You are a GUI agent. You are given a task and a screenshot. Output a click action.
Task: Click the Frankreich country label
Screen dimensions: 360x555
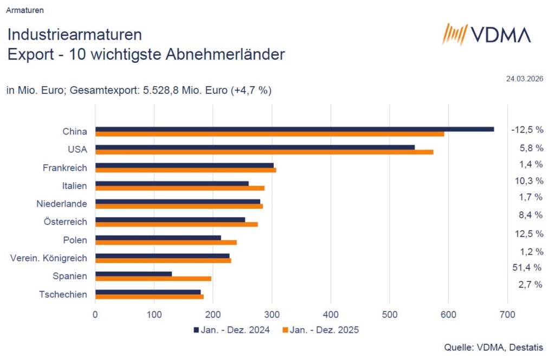coord(64,168)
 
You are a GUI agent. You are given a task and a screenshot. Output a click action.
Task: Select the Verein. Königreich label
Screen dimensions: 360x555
coord(49,258)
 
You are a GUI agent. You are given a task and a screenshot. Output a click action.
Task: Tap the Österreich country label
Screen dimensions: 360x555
coord(65,222)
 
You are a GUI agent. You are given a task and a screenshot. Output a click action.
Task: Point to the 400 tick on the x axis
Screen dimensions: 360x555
coord(331,314)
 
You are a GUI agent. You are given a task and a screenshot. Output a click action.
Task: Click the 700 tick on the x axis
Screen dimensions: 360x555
coord(507,314)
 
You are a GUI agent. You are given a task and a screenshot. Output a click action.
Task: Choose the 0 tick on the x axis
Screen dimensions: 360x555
coord(95,314)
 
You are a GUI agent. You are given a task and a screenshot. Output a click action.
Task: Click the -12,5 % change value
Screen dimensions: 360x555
coord(527,130)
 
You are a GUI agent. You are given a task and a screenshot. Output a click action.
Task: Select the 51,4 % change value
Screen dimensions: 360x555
coord(527,267)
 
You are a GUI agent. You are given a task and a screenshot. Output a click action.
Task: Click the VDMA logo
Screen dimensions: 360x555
coord(486,35)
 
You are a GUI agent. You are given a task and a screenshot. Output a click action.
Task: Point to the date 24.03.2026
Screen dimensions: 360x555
coord(525,79)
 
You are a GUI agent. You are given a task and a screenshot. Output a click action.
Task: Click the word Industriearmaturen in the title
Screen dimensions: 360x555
coord(75,35)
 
